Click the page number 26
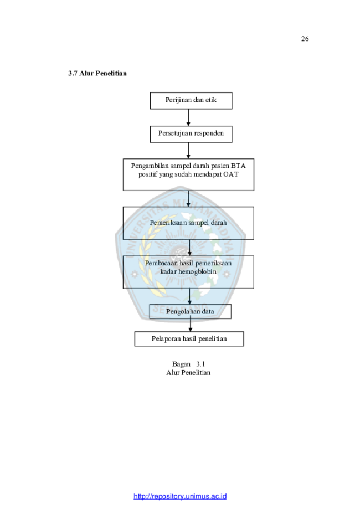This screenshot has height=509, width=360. click(x=305, y=39)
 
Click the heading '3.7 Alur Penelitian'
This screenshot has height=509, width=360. click(x=97, y=73)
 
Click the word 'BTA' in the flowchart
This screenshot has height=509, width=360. click(x=238, y=166)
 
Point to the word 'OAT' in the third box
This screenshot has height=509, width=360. click(x=231, y=174)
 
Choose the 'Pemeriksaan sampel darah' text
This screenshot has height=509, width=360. click(x=188, y=223)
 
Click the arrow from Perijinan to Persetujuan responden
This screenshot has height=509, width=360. click(x=188, y=117)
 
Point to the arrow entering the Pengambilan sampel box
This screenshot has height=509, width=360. click(x=188, y=151)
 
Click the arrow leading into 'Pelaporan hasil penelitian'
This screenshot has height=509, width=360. click(x=190, y=325)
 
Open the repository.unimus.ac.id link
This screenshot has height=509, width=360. click(x=180, y=496)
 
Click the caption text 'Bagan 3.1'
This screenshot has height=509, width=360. click(x=189, y=364)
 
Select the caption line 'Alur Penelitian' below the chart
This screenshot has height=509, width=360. click(x=188, y=373)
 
